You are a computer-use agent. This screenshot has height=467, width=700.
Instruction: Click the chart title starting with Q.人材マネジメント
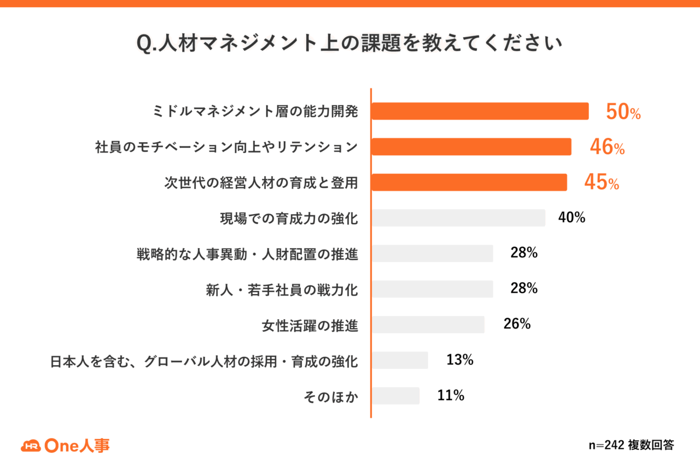[x=349, y=43]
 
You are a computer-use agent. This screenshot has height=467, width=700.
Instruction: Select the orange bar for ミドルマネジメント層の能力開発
[x=480, y=111]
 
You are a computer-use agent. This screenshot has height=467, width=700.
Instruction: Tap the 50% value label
[x=623, y=112]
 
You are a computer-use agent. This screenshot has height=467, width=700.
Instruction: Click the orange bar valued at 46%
[x=471, y=147]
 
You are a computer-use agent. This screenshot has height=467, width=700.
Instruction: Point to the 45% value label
[x=602, y=182]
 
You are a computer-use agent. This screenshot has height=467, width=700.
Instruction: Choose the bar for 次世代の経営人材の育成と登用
[x=469, y=182]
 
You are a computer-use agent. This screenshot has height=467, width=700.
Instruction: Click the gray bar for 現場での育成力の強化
[x=458, y=218]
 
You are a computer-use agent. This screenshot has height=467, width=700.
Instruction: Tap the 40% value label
[x=572, y=217]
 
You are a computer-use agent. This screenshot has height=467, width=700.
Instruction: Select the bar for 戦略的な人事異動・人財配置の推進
[x=433, y=253]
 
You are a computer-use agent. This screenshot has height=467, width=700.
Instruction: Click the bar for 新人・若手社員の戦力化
[x=433, y=289]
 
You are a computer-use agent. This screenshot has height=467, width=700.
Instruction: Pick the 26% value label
[x=517, y=324]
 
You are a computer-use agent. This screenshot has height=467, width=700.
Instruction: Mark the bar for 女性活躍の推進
[x=428, y=325]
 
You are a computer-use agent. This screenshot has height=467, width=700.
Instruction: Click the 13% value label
[x=460, y=360]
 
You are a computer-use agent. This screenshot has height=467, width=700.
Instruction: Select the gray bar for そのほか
[x=395, y=396]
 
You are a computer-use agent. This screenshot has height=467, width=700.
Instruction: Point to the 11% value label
[x=451, y=395]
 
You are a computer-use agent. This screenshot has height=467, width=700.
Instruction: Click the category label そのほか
[x=331, y=397]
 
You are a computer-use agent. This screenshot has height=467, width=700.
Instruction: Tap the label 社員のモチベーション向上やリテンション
[x=226, y=147]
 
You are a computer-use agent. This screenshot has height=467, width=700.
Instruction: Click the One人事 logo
[x=65, y=446]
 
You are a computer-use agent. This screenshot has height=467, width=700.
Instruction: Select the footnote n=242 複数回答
[x=631, y=445]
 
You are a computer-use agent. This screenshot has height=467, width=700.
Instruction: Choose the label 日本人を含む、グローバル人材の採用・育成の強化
[x=204, y=361]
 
